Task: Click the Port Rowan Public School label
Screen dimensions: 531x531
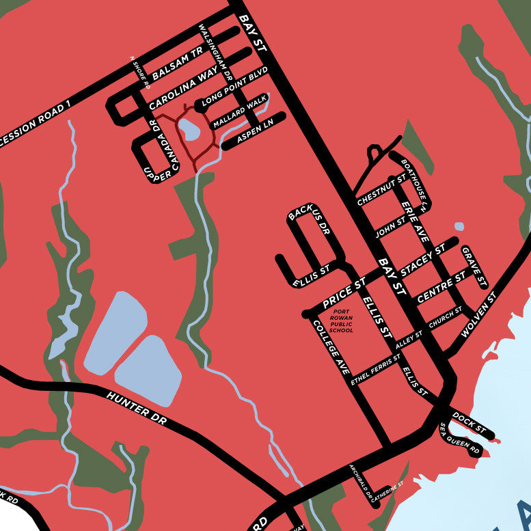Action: pyautogui.click(x=341, y=321)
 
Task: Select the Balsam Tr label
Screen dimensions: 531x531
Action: pyautogui.click(x=178, y=62)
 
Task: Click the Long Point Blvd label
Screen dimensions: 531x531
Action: pyautogui.click(x=234, y=88)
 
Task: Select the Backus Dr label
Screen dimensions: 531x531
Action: pyautogui.click(x=310, y=221)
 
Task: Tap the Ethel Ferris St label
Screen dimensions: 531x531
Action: pyautogui.click(x=375, y=370)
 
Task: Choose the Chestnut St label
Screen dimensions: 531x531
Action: pyautogui.click(x=381, y=189)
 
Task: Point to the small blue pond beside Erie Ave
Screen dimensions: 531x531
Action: pyautogui.click(x=459, y=226)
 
